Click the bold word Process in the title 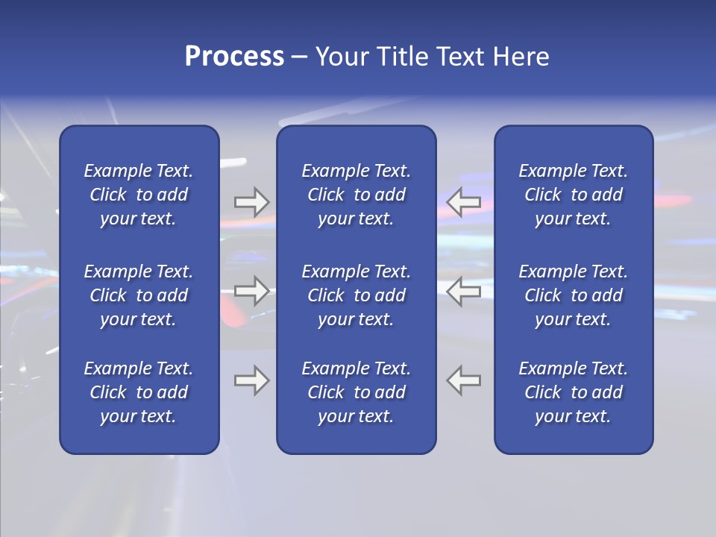[234, 57]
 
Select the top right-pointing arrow [251, 201]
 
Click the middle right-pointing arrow [251, 290]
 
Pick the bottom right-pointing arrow [251, 380]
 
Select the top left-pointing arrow [463, 201]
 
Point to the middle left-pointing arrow [463, 290]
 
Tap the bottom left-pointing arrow [463, 380]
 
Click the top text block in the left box [139, 195]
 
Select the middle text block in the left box [139, 295]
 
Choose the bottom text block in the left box [139, 392]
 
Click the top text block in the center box [357, 195]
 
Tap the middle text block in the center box [357, 295]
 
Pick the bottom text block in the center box [357, 392]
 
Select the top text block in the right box [574, 195]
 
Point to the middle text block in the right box [574, 295]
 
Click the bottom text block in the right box [574, 392]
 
